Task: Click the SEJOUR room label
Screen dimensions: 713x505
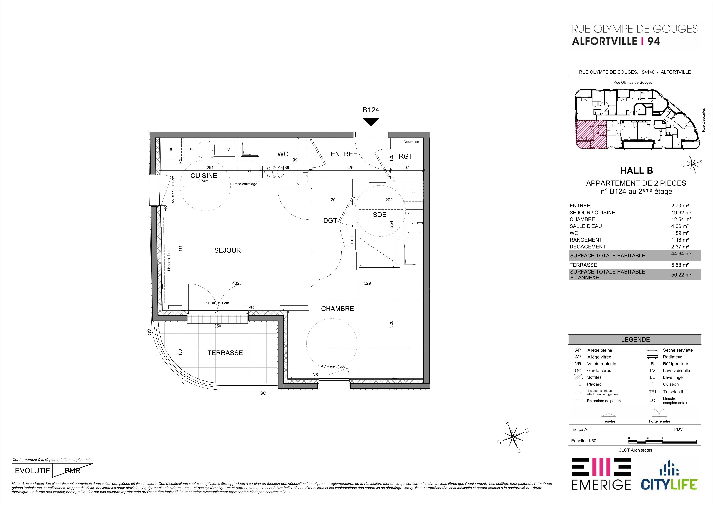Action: (227, 250)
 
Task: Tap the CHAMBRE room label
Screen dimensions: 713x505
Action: (337, 309)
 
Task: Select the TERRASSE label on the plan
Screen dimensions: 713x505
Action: (225, 353)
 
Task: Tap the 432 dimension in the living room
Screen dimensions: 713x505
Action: (236, 283)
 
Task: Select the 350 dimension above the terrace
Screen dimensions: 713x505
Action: (218, 326)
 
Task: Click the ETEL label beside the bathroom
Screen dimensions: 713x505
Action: (352, 239)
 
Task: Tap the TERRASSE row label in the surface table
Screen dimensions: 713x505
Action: (583, 265)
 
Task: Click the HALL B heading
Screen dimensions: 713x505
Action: (636, 171)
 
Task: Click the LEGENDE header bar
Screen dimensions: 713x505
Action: (635, 340)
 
